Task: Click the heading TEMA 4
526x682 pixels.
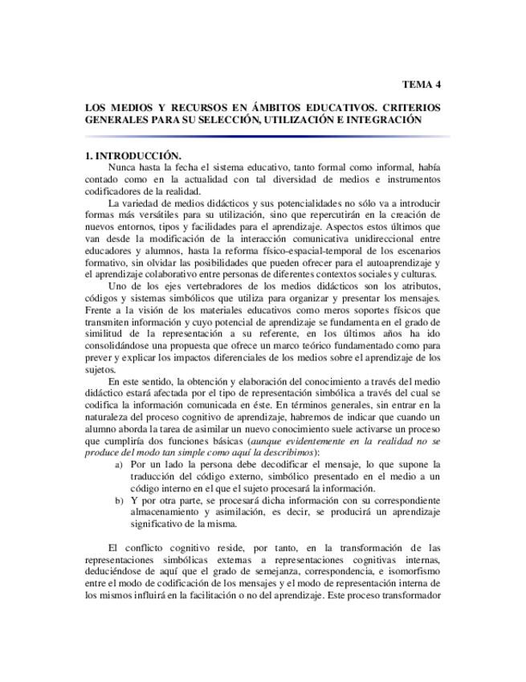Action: click(421, 84)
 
